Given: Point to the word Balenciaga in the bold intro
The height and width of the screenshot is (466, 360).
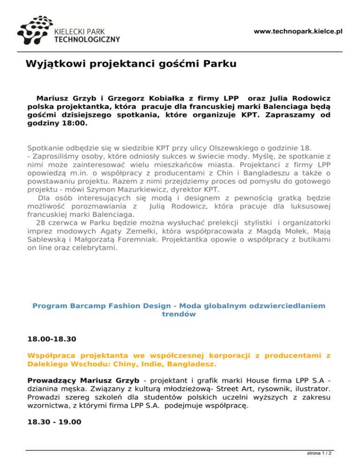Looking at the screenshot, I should (289, 107).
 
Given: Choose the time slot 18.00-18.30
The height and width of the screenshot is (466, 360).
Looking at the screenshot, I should (52, 338).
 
